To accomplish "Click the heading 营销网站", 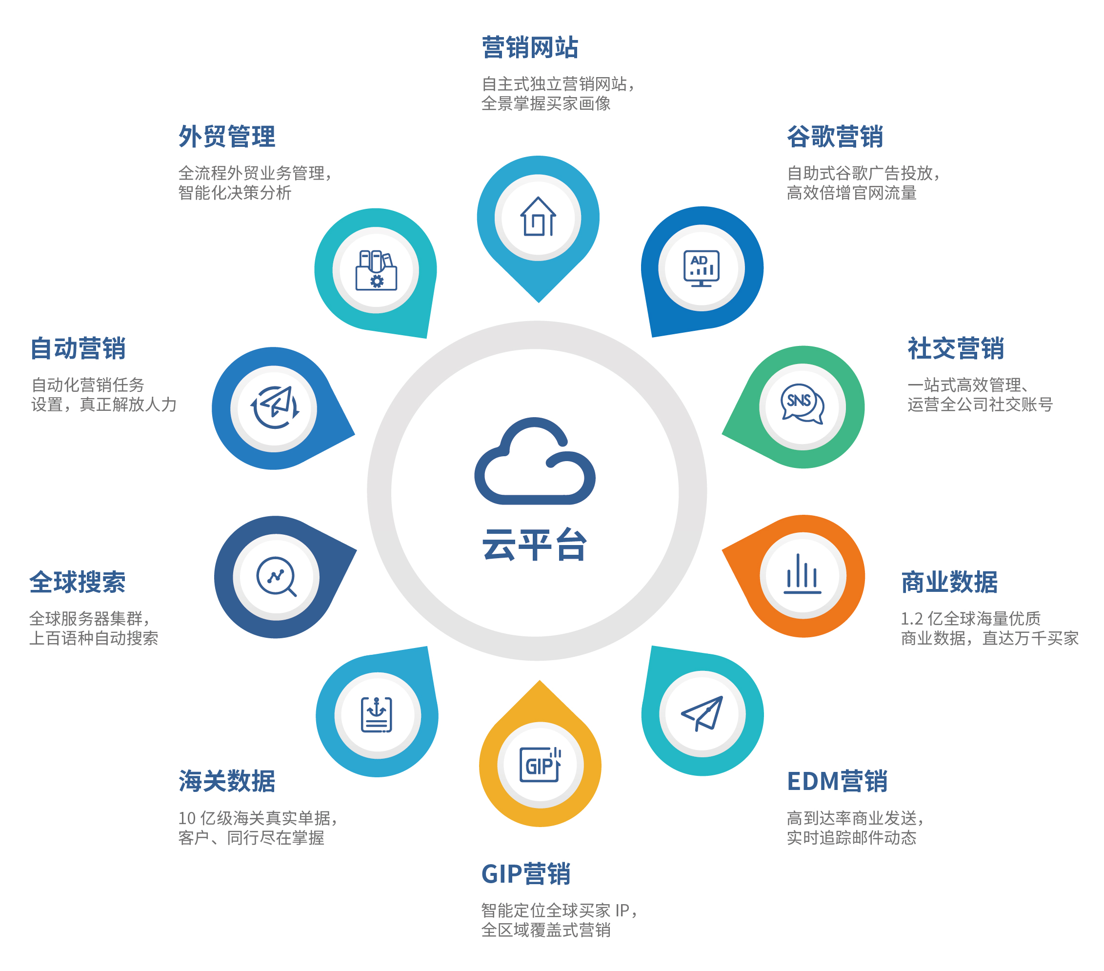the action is point(530,47).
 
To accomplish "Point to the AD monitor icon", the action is point(701,268).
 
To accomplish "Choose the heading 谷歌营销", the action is point(835,136).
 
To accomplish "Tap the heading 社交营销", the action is point(956,348).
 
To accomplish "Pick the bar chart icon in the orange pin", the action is point(803,574).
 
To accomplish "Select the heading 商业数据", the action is point(949,582).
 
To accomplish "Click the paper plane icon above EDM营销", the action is point(702,713).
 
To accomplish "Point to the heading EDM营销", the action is point(837,781).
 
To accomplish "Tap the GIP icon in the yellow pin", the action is point(540,764).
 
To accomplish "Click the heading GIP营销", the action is point(526,874).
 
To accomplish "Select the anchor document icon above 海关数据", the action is point(377,714).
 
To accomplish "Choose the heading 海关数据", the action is point(227,781).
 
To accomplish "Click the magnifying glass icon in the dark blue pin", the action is point(276,577).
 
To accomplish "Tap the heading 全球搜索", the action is point(77,582).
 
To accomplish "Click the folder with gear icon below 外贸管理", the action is point(377,270).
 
